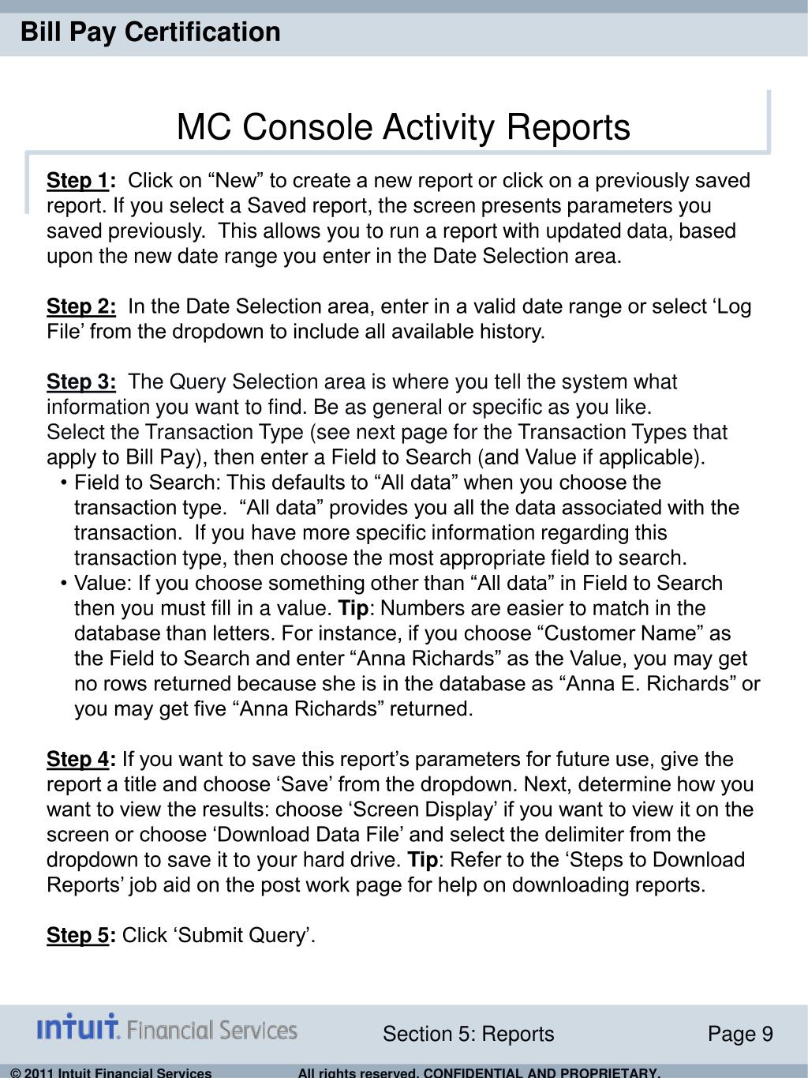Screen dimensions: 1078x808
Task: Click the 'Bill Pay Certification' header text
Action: coord(150,32)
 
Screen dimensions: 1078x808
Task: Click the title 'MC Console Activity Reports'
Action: coord(403,127)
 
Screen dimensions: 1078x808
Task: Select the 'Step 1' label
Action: coord(77,181)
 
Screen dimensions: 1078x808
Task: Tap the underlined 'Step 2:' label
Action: coord(81,306)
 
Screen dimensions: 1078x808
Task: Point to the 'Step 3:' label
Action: coord(81,382)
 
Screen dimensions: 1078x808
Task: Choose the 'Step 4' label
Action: coord(77,760)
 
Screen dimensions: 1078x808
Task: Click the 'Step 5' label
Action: coord(77,936)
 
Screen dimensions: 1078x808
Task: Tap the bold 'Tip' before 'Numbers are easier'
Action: coord(353,609)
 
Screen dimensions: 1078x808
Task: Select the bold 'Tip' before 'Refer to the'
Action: coord(422,860)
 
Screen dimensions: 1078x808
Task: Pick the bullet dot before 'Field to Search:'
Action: coord(62,483)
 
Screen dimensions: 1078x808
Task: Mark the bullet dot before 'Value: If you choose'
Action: coord(62,584)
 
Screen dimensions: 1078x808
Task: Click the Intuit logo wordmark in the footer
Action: coord(78,1028)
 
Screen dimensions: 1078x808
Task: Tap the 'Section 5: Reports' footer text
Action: coord(468,1035)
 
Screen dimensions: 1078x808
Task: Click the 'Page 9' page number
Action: coord(740,1035)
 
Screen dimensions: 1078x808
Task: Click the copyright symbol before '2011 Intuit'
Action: coord(17,1072)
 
